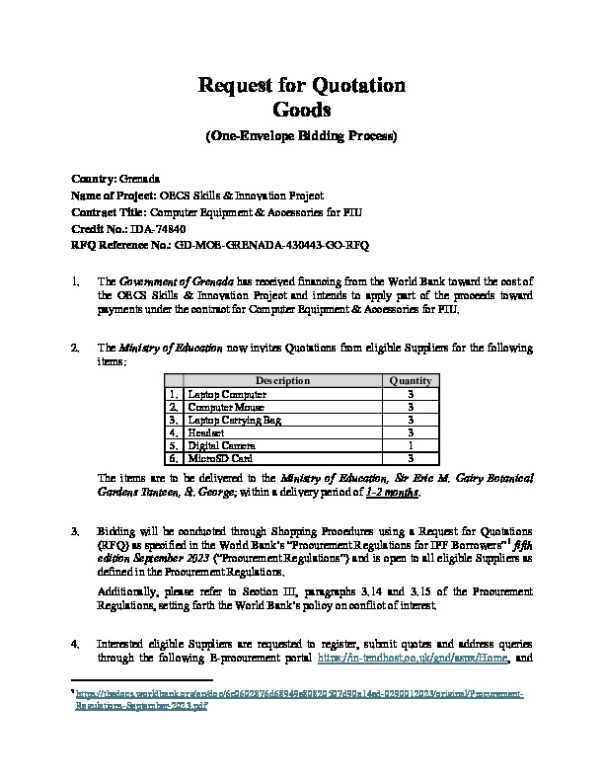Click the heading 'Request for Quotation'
[302, 85]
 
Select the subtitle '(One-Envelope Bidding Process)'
[302, 135]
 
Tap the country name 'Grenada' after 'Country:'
[138, 179]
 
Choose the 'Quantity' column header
[410, 380]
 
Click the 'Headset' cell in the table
[206, 431]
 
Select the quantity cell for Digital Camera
[410, 444]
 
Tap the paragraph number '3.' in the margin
[76, 531]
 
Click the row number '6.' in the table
[173, 458]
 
